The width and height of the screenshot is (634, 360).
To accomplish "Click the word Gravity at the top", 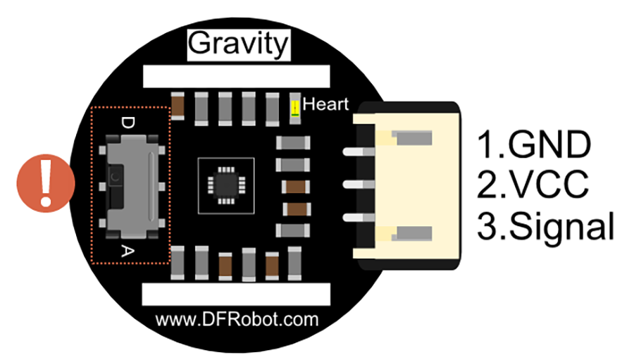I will [x=237, y=44].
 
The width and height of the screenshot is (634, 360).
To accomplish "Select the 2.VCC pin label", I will [x=533, y=186].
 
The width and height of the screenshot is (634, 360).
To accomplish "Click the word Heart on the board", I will [x=325, y=105].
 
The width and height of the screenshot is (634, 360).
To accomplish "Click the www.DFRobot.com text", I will [x=237, y=320].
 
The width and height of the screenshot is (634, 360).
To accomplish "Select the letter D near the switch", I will [x=128, y=123].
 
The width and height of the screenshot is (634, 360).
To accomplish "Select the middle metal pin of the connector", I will [x=354, y=185].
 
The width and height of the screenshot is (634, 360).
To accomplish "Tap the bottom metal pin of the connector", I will [x=354, y=219].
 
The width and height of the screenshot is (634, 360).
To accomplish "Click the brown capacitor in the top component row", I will [x=179, y=107].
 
